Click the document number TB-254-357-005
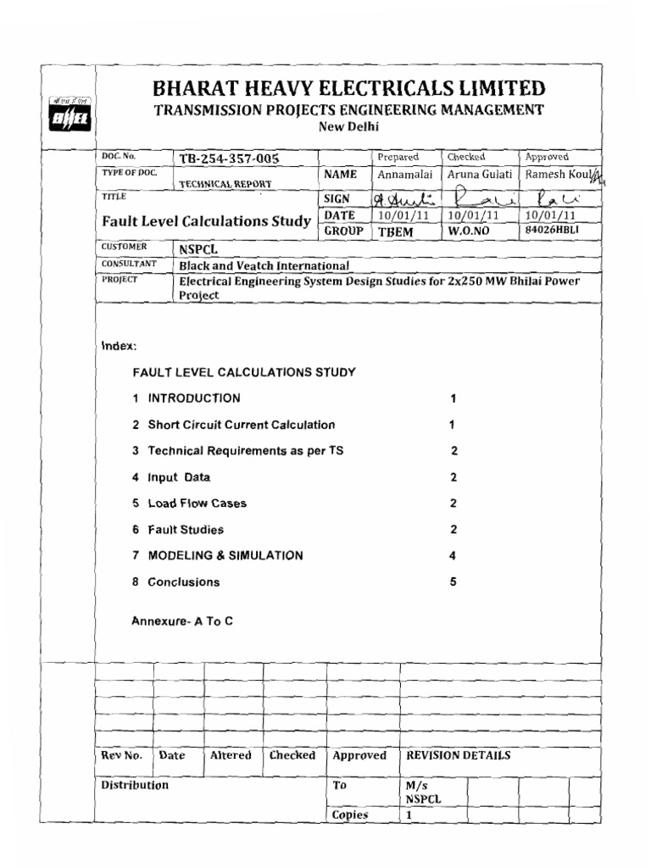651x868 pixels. pyautogui.click(x=228, y=159)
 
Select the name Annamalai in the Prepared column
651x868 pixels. pyautogui.click(x=405, y=175)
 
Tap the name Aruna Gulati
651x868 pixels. pyautogui.click(x=480, y=175)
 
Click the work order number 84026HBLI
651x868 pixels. pyautogui.click(x=554, y=230)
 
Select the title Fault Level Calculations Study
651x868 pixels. pyautogui.click(x=206, y=221)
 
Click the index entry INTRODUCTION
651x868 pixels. pyautogui.click(x=194, y=398)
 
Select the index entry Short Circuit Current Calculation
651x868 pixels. pyautogui.click(x=242, y=425)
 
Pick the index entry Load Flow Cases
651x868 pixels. pyautogui.click(x=198, y=504)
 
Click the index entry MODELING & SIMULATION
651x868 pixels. pyautogui.click(x=225, y=556)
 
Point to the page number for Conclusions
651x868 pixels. pyautogui.click(x=453, y=582)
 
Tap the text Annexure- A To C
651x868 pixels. pyautogui.click(x=181, y=621)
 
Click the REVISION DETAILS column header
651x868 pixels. pyautogui.click(x=459, y=756)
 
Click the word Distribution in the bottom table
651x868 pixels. pyautogui.click(x=135, y=786)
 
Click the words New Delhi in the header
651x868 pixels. pyautogui.click(x=348, y=127)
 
